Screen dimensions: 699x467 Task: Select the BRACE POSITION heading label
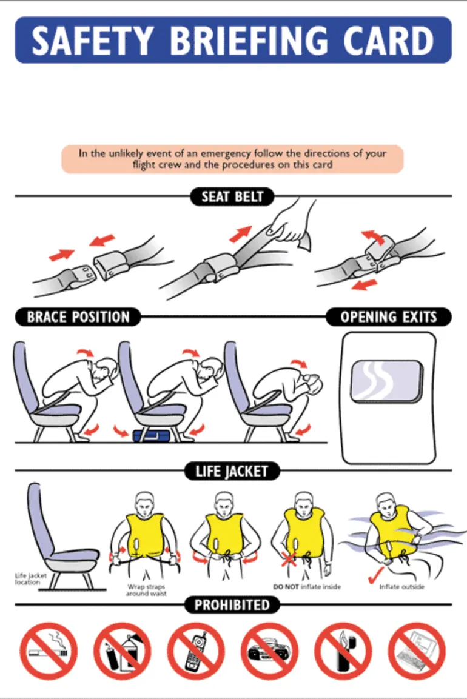(x=78, y=317)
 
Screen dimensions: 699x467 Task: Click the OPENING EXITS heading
(x=388, y=317)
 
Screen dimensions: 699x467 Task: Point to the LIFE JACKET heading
(x=232, y=471)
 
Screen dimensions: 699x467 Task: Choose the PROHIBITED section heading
(x=232, y=605)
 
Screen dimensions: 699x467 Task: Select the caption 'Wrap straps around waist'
(x=146, y=590)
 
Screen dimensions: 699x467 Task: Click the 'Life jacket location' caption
(x=27, y=579)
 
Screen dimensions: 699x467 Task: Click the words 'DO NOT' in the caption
(x=285, y=587)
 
